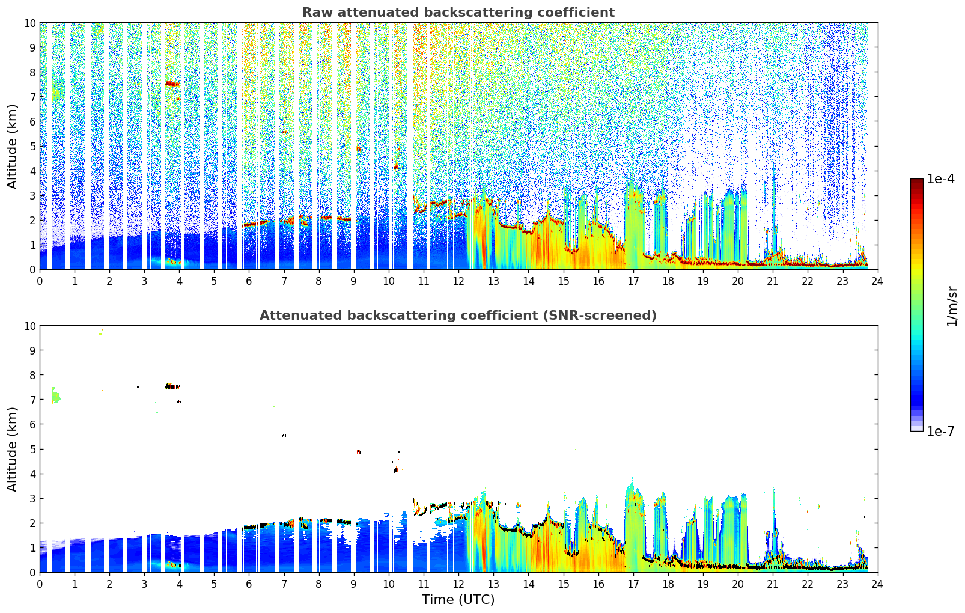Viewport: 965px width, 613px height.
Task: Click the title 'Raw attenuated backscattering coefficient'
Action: [x=458, y=13]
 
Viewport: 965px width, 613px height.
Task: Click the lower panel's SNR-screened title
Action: [x=458, y=316]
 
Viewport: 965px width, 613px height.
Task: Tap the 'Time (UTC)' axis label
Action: [x=458, y=600]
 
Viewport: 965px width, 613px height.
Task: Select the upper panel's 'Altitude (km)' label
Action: [x=11, y=146]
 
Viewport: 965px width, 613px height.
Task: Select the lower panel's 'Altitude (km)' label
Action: [x=11, y=449]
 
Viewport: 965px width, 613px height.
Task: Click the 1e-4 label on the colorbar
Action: [x=940, y=178]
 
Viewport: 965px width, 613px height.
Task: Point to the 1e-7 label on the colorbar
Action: [x=940, y=432]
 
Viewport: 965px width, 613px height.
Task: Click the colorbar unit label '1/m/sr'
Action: [x=952, y=306]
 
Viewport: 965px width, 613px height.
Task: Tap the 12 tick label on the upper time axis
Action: [x=458, y=281]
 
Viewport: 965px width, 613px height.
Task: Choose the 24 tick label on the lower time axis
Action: [x=877, y=584]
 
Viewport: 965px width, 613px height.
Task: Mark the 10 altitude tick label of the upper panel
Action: [x=29, y=23]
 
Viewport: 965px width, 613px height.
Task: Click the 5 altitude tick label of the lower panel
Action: [x=32, y=450]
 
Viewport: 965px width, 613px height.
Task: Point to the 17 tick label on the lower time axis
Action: [x=633, y=584]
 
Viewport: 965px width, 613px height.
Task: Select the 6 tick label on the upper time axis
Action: [x=249, y=281]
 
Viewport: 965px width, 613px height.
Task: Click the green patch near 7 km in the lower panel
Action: [x=55, y=394]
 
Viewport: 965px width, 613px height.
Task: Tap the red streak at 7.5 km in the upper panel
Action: [x=172, y=84]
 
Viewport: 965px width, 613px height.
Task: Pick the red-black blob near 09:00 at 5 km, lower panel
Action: [x=359, y=451]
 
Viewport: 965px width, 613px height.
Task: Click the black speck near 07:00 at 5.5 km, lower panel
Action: [x=284, y=436]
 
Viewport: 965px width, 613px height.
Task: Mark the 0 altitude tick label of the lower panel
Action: [x=32, y=573]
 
